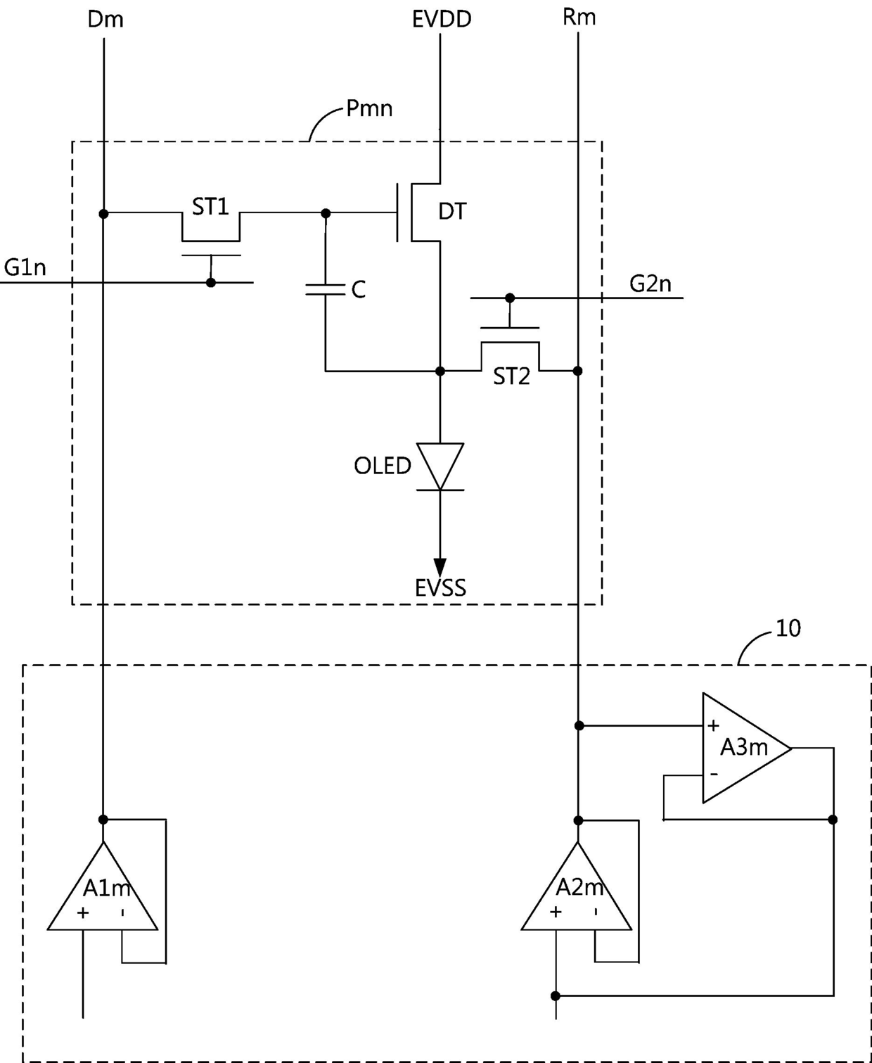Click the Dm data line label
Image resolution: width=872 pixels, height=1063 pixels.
[105, 20]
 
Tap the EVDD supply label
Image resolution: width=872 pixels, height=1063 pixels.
[442, 20]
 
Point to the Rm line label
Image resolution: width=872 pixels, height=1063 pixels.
[579, 18]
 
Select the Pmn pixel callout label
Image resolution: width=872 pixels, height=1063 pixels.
[369, 109]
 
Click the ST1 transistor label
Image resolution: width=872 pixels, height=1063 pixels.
[210, 207]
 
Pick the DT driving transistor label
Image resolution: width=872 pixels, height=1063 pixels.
[452, 212]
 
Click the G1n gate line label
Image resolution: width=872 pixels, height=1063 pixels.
[25, 267]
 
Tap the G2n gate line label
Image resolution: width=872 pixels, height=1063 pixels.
[650, 284]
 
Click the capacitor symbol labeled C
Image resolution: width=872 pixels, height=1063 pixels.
[326, 289]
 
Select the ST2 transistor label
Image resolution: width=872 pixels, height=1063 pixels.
[511, 376]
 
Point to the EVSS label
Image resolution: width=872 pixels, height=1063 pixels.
[441, 588]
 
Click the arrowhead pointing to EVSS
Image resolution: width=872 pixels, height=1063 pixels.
[440, 567]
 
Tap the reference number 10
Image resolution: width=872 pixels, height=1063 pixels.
[788, 628]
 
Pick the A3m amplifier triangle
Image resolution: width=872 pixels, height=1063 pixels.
[747, 748]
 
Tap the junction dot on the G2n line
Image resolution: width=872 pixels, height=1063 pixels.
[510, 298]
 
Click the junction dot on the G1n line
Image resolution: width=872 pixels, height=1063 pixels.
[211, 283]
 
